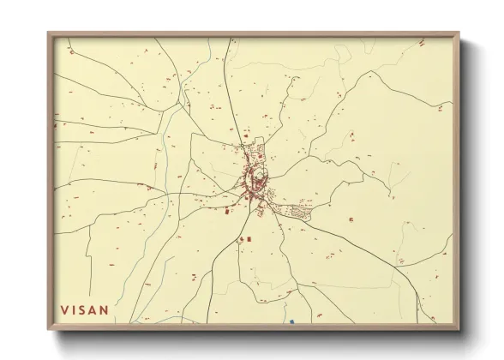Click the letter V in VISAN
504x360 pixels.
(63, 309)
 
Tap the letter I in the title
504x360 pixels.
(75, 309)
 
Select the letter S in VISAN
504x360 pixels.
(84, 309)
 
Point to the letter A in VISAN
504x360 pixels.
(94, 309)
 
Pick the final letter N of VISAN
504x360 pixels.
(105, 309)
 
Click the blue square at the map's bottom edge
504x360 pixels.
(291, 322)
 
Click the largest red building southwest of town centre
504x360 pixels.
(227, 208)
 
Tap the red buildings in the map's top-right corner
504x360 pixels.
(421, 43)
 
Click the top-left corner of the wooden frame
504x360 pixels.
(50, 34)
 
